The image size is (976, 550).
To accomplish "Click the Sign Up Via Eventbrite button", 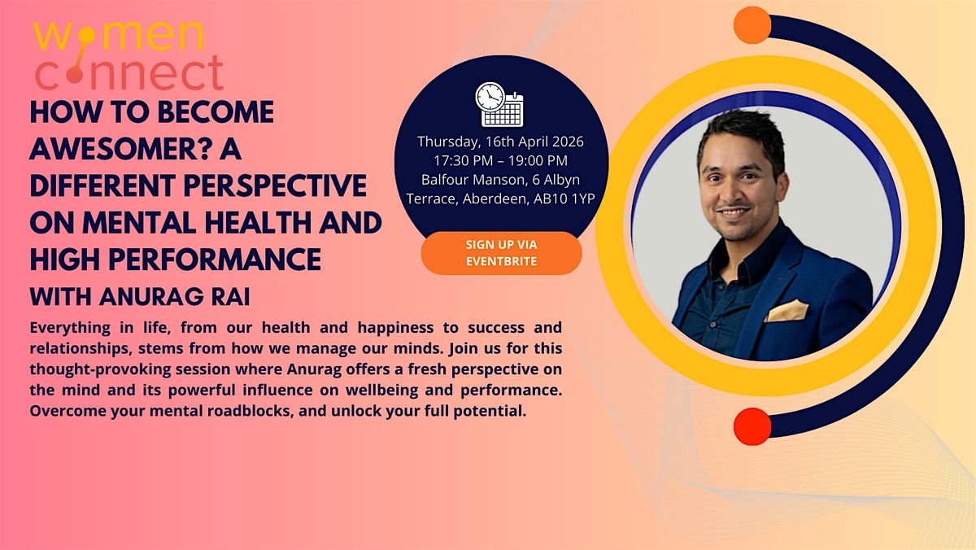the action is (502, 253).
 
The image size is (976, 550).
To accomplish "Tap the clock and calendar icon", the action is (499, 105).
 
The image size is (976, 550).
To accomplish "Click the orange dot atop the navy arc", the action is (752, 25).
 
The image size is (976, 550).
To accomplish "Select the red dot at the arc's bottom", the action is (752, 426).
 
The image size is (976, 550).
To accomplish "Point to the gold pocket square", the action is (787, 310).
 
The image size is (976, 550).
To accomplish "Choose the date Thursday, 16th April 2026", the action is (501, 142).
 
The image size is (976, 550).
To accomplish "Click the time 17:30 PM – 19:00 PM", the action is (501, 160).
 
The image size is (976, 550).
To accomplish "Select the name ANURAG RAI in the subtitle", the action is (174, 297).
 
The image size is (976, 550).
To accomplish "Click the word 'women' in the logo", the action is (119, 35).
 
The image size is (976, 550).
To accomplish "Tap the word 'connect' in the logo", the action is (129, 72).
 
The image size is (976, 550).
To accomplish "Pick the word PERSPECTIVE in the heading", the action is (275, 186).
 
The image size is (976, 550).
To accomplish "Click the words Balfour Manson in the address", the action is (473, 180).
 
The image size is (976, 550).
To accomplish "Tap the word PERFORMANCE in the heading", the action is (215, 260).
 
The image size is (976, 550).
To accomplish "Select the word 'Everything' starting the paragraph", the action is (70, 328).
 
